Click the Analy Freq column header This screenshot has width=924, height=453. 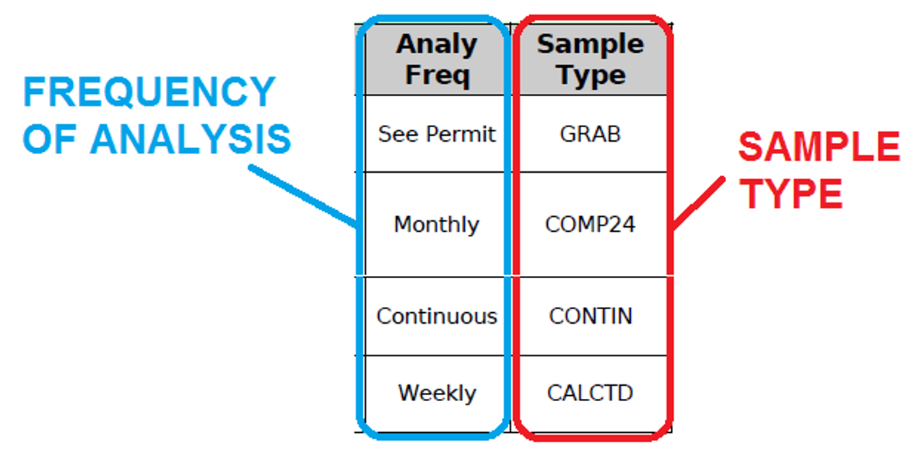click(437, 59)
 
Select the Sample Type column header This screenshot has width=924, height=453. click(590, 59)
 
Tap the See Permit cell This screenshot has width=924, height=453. click(437, 134)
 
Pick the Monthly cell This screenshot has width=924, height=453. click(437, 225)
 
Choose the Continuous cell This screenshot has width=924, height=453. click(437, 316)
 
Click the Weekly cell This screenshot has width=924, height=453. click(437, 393)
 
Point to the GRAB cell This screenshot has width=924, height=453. click(590, 134)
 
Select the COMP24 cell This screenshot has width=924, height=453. click(590, 225)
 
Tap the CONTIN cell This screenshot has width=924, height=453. click(590, 316)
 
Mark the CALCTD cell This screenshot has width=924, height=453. click(590, 393)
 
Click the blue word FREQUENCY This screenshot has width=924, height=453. click(149, 92)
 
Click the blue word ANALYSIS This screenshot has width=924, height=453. click(191, 139)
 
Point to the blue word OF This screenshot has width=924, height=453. click(50, 139)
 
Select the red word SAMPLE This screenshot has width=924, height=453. click(819, 146)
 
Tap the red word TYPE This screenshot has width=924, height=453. click(790, 194)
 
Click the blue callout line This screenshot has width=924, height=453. click(304, 196)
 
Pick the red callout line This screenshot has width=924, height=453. click(697, 203)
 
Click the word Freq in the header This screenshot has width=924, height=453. click(437, 75)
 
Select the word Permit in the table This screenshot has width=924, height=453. click(461, 134)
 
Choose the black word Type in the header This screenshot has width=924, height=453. click(592, 76)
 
